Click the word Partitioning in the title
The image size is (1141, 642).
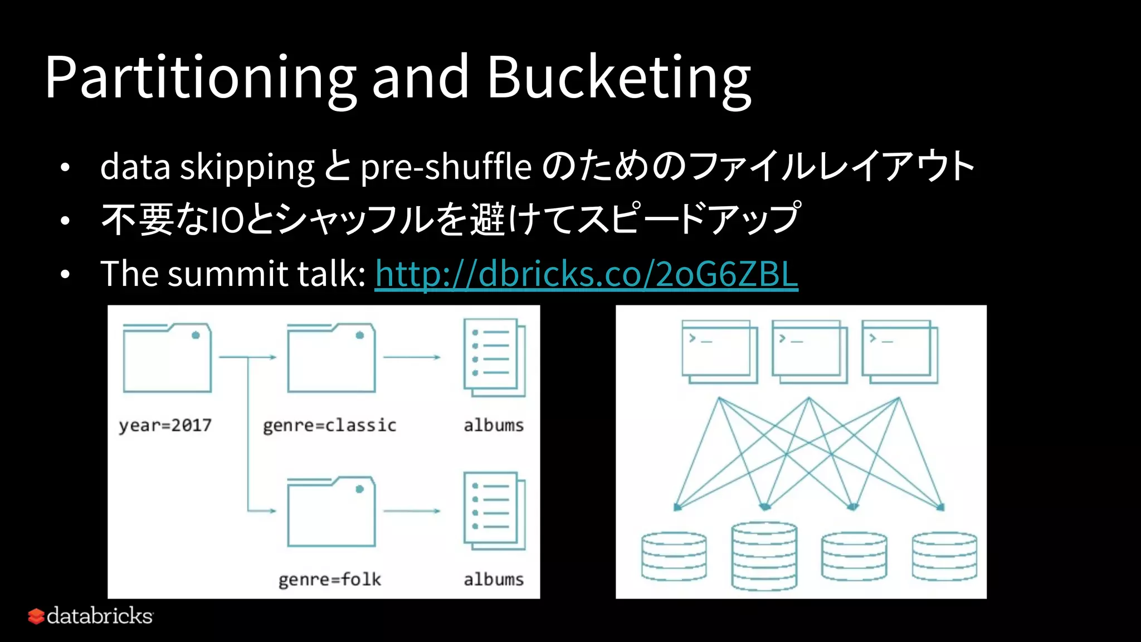point(201,78)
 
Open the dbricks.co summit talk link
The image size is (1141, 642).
point(586,274)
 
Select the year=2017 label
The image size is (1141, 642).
point(165,425)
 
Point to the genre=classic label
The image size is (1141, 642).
point(329,425)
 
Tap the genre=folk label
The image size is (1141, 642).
point(329,580)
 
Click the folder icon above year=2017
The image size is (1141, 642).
point(167,358)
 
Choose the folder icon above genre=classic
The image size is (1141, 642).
point(331,358)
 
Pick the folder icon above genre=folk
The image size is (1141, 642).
point(331,511)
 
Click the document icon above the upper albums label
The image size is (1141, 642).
point(494,357)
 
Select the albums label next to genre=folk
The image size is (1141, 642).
point(494,580)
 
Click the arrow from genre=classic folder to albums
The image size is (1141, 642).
point(412,357)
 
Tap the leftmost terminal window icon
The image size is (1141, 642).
point(719,351)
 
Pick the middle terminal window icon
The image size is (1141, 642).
point(809,351)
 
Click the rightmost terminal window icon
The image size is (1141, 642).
point(899,351)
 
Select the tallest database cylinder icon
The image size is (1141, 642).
point(764,556)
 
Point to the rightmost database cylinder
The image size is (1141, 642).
point(944,556)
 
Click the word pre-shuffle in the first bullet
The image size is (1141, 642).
point(446,167)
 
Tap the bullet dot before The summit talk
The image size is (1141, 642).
point(65,274)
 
